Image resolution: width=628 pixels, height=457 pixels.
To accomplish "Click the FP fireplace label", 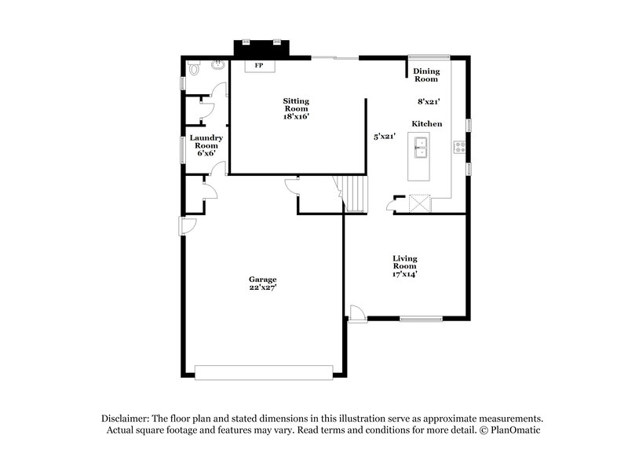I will (x=258, y=65).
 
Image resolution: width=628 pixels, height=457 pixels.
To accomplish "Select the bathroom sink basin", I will (x=217, y=64).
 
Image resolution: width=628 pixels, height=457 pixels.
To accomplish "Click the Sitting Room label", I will (x=296, y=108).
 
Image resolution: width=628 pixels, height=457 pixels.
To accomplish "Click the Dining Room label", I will (x=426, y=75).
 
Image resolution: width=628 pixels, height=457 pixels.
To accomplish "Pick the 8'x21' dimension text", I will (x=428, y=101).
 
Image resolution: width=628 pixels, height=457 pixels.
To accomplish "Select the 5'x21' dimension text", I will (x=384, y=136).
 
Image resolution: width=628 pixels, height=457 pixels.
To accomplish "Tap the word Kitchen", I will (x=427, y=124).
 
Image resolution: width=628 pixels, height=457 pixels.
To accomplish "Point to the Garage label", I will (x=263, y=283).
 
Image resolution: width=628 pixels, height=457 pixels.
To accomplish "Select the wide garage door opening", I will (x=264, y=372).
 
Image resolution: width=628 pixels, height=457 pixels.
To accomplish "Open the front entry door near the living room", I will (x=357, y=313).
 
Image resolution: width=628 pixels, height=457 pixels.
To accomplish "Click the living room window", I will (x=421, y=319).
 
